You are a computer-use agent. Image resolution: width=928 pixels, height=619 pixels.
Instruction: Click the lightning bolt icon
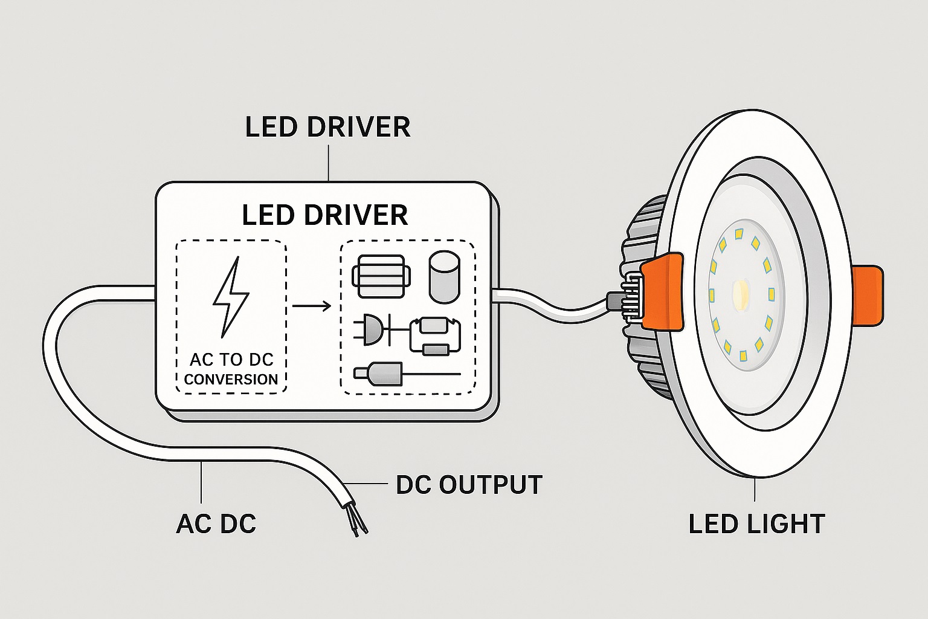(230, 297)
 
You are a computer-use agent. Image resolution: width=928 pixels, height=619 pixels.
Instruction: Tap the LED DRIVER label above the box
(327, 127)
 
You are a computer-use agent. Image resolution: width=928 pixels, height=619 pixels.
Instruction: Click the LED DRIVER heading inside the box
(324, 215)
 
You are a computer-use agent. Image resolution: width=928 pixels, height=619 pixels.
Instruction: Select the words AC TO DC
(231, 360)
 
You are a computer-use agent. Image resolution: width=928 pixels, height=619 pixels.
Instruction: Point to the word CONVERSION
(231, 380)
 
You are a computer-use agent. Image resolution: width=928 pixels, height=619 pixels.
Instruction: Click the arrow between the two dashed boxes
(312, 306)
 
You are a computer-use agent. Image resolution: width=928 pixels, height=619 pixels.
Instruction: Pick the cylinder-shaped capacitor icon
(444, 276)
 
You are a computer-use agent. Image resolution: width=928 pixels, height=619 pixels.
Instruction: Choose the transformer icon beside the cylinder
(381, 276)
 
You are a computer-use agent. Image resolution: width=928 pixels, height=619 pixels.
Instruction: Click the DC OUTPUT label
(469, 485)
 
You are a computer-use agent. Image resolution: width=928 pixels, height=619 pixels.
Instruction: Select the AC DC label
(216, 523)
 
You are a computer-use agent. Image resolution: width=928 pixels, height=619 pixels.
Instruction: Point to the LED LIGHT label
(756, 523)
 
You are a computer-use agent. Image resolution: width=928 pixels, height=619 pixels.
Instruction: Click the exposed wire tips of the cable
(358, 523)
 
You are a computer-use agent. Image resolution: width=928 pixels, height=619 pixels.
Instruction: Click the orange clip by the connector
(662, 291)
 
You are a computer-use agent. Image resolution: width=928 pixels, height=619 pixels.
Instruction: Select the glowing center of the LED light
(741, 294)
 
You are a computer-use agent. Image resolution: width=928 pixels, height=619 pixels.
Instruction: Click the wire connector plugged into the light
(625, 299)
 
